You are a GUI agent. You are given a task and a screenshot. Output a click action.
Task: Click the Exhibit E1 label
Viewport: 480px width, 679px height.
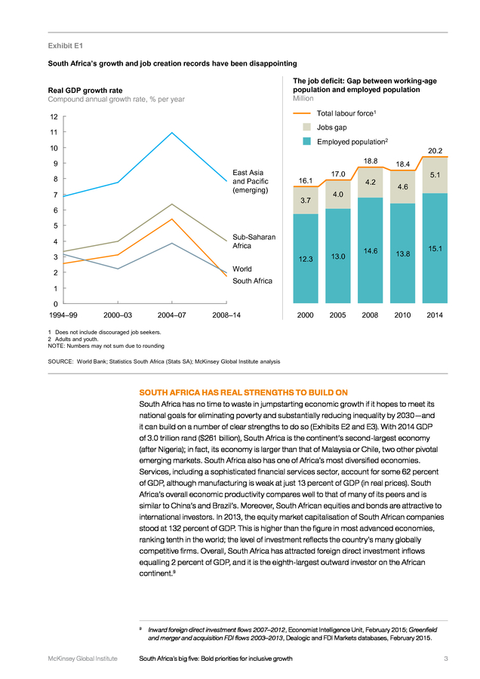[66, 45]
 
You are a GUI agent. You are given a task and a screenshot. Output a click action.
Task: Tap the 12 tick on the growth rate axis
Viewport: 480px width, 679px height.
[54, 116]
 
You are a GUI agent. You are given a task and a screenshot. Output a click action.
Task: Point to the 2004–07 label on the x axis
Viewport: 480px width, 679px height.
[171, 315]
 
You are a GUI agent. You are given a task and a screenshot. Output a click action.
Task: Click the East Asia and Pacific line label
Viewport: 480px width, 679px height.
[251, 181]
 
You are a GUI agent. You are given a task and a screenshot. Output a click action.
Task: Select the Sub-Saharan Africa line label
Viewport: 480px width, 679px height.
[254, 241]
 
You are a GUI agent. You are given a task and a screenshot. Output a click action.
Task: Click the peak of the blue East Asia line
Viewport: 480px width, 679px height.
[172, 133]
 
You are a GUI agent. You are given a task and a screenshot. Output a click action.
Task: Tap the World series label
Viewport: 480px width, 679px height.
[242, 269]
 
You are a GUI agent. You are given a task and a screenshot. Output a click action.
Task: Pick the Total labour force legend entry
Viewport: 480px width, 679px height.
[334, 113]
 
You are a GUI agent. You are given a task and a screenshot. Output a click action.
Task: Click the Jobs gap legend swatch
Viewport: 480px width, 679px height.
[306, 127]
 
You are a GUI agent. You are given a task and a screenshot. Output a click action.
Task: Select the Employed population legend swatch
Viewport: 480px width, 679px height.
[306, 141]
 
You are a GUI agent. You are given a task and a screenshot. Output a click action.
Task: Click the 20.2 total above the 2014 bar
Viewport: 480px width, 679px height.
[435, 151]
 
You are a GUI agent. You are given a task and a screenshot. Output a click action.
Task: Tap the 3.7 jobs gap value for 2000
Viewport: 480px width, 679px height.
[306, 201]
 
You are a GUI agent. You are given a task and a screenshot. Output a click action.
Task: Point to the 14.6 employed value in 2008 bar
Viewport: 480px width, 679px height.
[371, 250]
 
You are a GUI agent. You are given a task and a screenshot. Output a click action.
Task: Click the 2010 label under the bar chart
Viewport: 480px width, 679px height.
[402, 315]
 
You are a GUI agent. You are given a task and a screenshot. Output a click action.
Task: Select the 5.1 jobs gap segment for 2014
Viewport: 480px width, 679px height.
[435, 175]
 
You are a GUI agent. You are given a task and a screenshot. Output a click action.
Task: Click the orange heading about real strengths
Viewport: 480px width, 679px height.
[244, 392]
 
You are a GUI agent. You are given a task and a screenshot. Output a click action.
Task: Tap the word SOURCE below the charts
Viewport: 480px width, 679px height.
[60, 361]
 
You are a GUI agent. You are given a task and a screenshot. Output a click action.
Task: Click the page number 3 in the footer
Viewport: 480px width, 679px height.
[446, 659]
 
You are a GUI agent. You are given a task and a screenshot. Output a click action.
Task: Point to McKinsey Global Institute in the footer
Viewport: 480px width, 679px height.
[82, 659]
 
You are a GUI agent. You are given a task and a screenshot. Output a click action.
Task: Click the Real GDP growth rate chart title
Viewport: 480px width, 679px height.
[85, 90]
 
